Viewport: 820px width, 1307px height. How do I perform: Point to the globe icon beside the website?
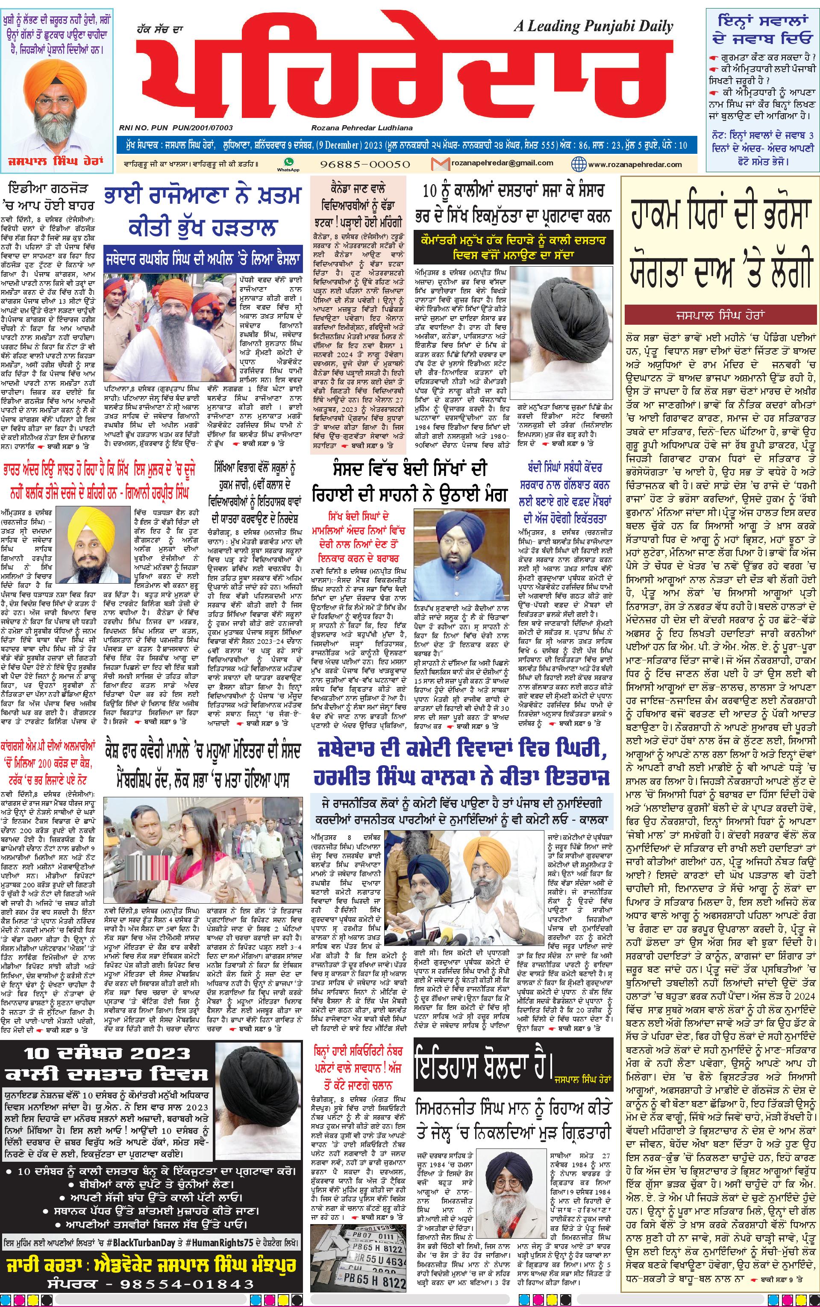click(578, 164)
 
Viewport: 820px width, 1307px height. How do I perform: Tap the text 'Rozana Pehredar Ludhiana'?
click(362, 128)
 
